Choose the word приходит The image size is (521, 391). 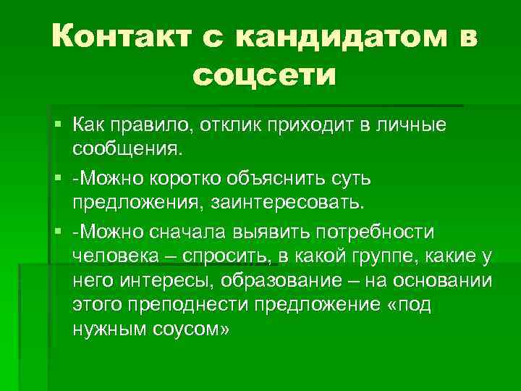(318, 126)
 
